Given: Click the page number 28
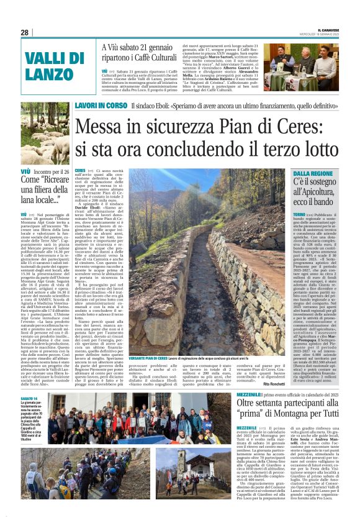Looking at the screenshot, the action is click(x=25, y=32).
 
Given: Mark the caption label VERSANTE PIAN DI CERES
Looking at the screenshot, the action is click(x=148, y=358).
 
